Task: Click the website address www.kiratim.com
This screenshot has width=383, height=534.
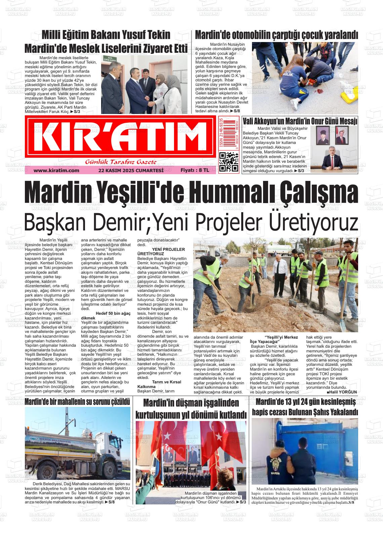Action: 56,170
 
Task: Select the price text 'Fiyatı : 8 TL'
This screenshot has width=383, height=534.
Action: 195,170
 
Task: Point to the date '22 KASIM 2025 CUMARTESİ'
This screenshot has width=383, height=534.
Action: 131,170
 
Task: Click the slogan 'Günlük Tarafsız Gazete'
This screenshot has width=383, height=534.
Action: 121,162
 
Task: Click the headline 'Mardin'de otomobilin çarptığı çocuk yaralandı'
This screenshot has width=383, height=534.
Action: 276,35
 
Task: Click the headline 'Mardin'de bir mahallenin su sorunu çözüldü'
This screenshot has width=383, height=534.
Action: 77,402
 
